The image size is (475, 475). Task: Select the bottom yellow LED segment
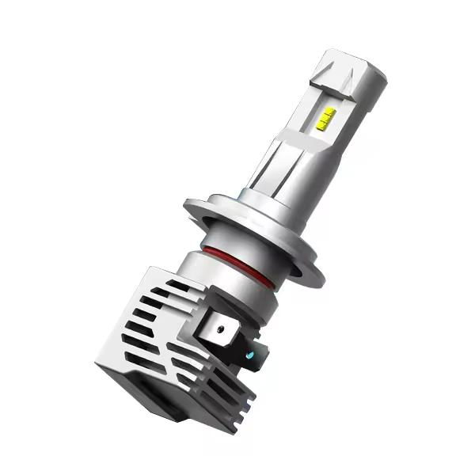[x=325, y=127]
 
